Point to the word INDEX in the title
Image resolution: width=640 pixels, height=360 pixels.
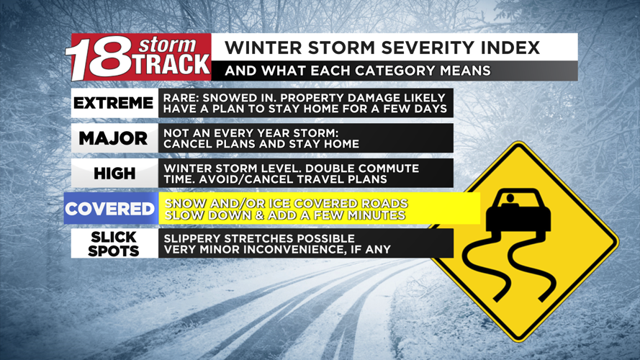tap(507, 48)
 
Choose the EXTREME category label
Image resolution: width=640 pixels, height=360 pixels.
tap(114, 103)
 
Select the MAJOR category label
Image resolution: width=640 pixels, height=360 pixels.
tap(114, 138)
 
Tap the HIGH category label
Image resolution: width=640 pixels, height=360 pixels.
tap(114, 174)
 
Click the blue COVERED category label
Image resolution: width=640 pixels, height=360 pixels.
tap(110, 209)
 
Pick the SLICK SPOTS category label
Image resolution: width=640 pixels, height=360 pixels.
tap(114, 244)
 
